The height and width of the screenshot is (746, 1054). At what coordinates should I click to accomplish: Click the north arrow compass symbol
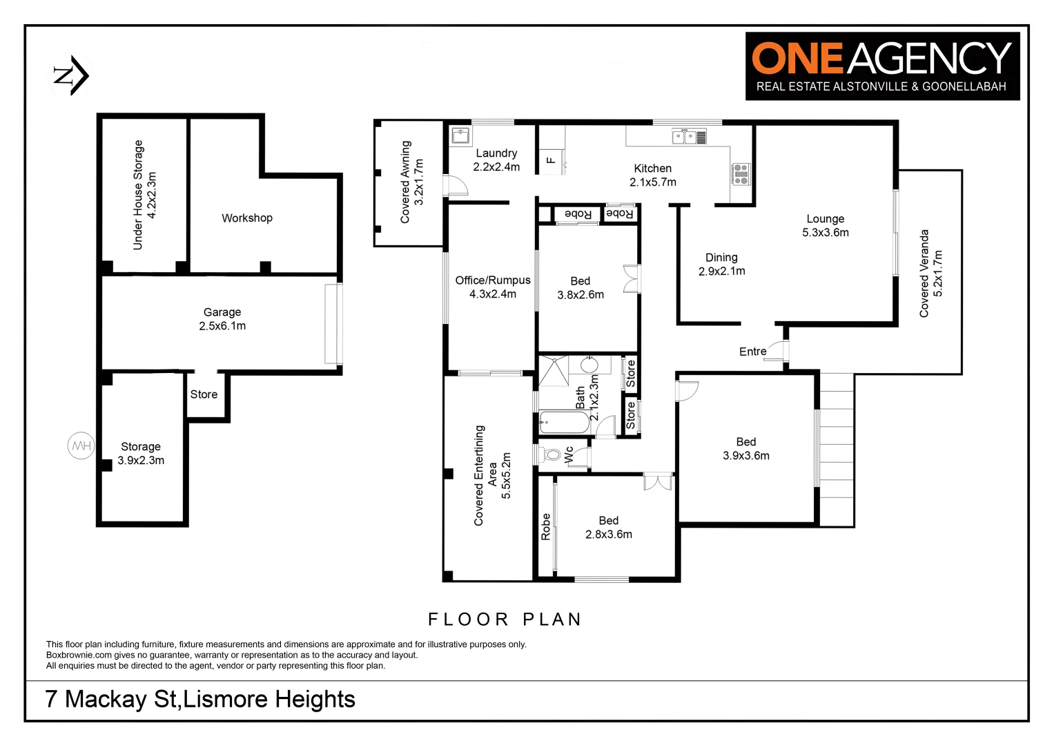[72, 75]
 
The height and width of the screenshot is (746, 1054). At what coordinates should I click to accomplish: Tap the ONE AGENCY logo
[882, 66]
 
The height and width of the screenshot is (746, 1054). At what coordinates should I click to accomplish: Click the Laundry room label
[496, 160]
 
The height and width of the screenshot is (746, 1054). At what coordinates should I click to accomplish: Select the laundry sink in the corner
[460, 135]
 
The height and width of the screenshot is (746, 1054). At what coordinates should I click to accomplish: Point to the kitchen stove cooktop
[740, 174]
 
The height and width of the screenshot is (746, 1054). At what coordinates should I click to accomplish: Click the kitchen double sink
[688, 136]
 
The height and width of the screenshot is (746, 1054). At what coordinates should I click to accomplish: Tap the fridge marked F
[552, 160]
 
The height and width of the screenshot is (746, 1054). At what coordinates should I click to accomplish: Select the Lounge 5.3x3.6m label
[826, 225]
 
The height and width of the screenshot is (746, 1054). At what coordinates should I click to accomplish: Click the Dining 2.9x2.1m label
[721, 264]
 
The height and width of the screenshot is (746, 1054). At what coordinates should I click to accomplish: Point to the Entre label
[752, 352]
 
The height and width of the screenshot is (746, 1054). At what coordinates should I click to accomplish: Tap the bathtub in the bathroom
[564, 422]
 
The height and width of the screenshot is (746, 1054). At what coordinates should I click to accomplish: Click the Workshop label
[246, 218]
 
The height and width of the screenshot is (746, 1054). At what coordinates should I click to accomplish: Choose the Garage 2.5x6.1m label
[222, 318]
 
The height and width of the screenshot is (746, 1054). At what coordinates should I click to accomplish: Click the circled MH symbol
[81, 446]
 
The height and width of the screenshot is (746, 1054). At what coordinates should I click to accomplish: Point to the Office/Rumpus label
[493, 287]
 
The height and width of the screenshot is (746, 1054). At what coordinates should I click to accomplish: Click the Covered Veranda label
[930, 274]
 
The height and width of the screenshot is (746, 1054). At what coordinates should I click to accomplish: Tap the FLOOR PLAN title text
[505, 619]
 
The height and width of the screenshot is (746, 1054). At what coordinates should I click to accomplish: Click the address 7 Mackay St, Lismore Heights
[200, 699]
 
